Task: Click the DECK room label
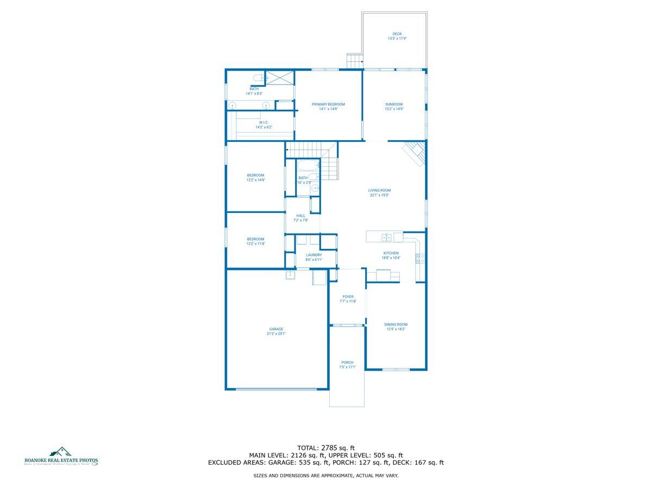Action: click(397, 34)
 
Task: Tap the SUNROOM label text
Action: click(394, 104)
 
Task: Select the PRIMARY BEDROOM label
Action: click(328, 104)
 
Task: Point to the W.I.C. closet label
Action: click(264, 122)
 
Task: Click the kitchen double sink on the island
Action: click(387, 237)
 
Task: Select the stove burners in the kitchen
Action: click(420, 259)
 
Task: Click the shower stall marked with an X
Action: click(280, 78)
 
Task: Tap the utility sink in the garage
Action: click(291, 274)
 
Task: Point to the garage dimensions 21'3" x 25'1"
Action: click(276, 334)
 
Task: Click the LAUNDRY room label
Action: click(314, 255)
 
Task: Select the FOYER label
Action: click(348, 297)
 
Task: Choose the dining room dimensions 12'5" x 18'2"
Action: click(396, 329)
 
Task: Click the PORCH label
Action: click(347, 362)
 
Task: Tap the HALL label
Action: click(301, 216)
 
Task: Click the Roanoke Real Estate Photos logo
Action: click(61, 457)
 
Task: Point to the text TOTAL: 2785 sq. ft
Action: click(326, 447)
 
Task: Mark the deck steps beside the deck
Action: click(354, 61)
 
